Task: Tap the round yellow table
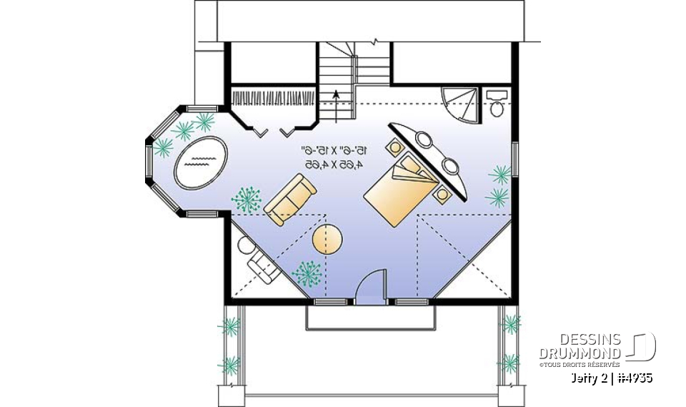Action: coord(327,239)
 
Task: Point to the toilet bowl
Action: coord(496,108)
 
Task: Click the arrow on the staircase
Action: coord(336,97)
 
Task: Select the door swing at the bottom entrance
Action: coord(372,286)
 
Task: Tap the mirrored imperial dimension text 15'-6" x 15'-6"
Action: coord(334,150)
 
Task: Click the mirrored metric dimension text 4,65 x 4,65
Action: coord(334,165)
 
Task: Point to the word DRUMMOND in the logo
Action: coord(580,353)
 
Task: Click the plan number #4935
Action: coord(632,378)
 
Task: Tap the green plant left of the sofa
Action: coord(248,198)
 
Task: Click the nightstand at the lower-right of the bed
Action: coord(444,192)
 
